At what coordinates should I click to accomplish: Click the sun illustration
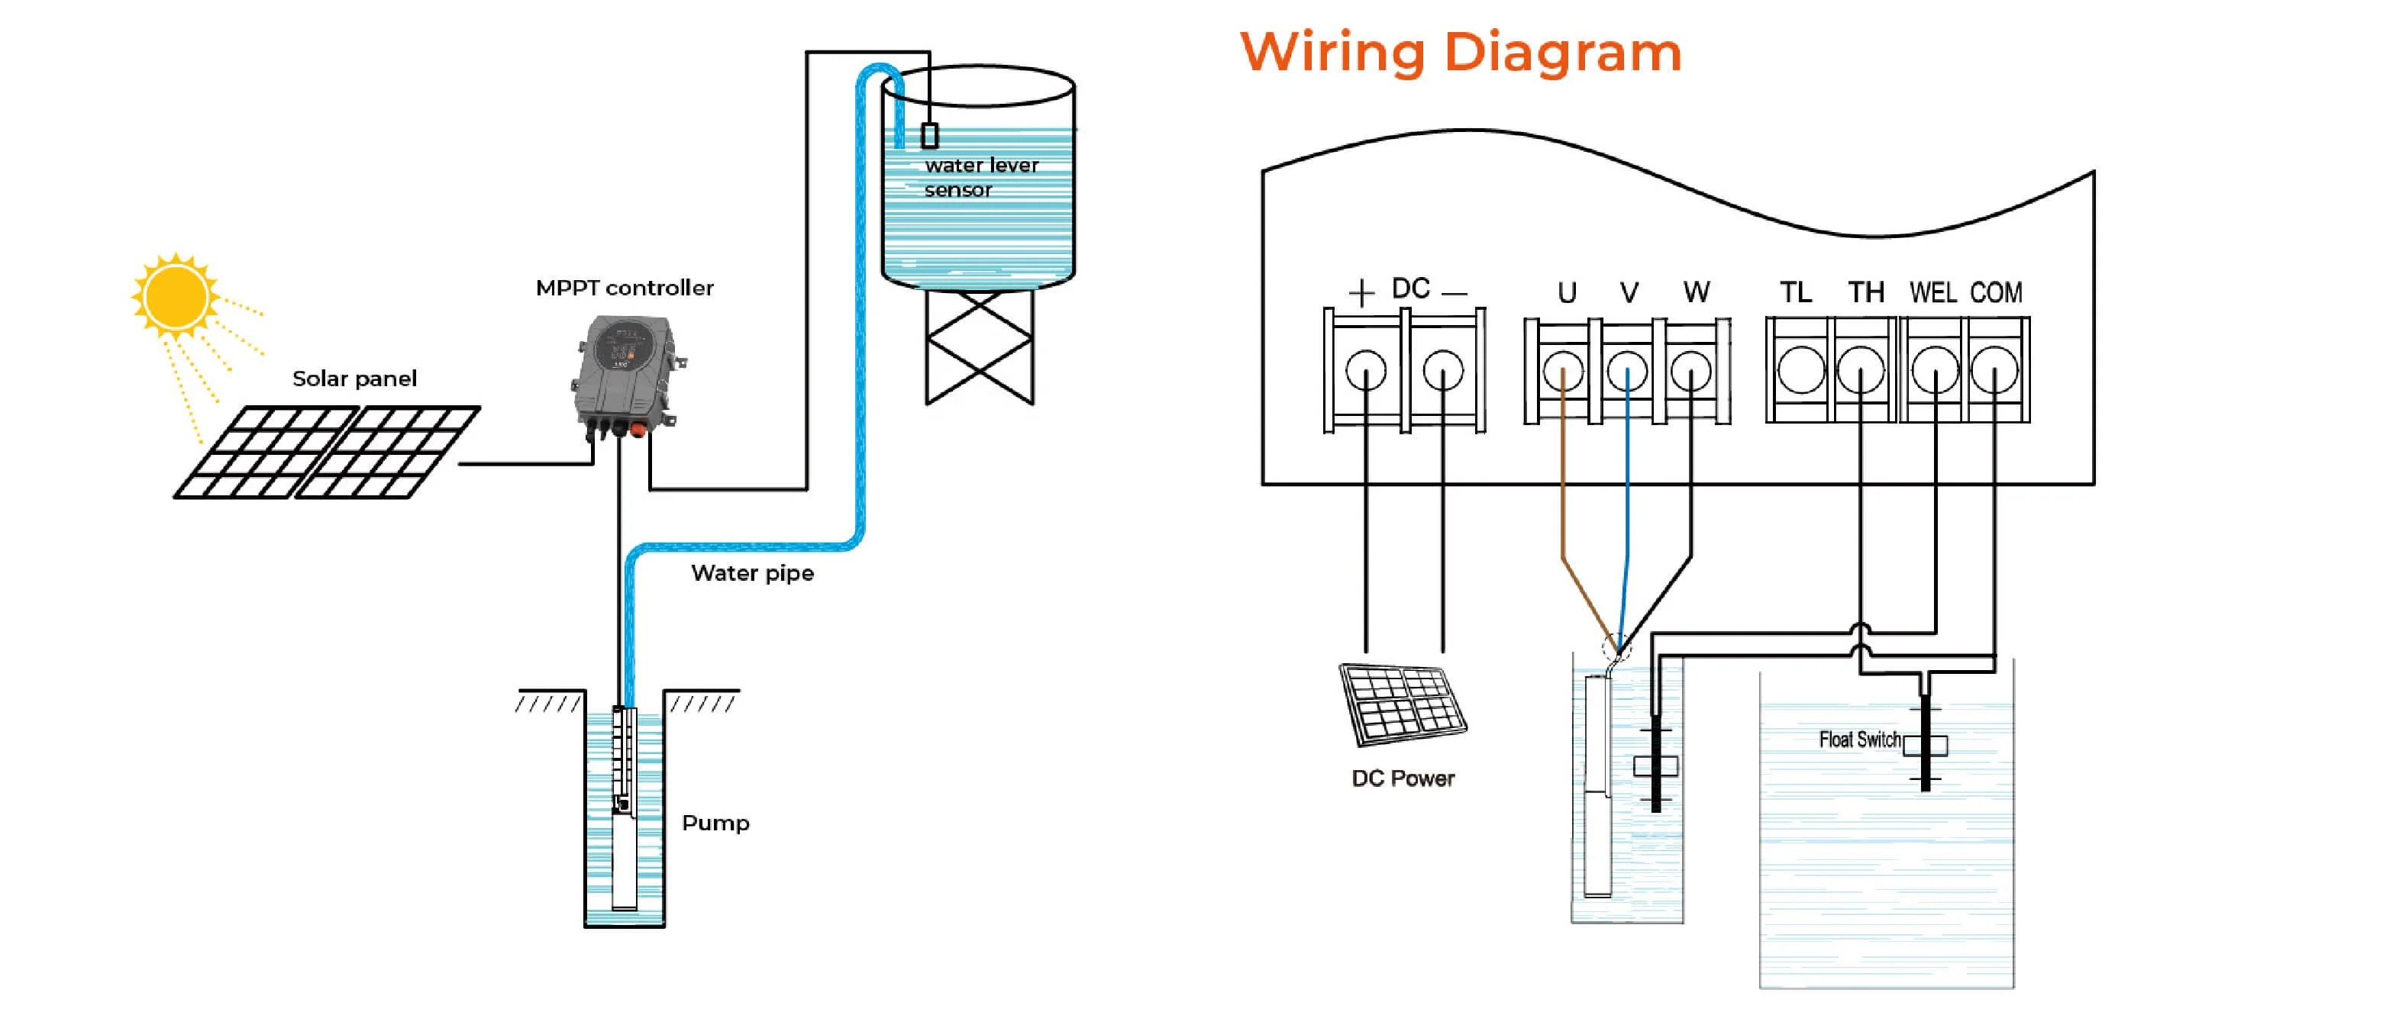(x=175, y=295)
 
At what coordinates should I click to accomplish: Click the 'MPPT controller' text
(x=625, y=288)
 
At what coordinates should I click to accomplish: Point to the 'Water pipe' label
(x=752, y=573)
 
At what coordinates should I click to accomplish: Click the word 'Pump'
(x=715, y=823)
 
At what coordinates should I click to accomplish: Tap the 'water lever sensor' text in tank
(x=980, y=177)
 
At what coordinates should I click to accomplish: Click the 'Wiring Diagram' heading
(x=1460, y=52)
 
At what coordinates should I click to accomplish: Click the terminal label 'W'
(x=1696, y=292)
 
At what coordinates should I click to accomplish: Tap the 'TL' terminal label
(x=1795, y=292)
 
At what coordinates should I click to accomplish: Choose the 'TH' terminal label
(x=1865, y=292)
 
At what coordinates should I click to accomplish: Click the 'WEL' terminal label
(x=1932, y=292)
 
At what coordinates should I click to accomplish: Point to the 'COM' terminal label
(x=1996, y=292)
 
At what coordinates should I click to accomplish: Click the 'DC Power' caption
(x=1403, y=778)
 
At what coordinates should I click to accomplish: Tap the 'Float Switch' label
(x=1859, y=740)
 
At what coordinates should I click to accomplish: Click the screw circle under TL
(x=1800, y=370)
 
